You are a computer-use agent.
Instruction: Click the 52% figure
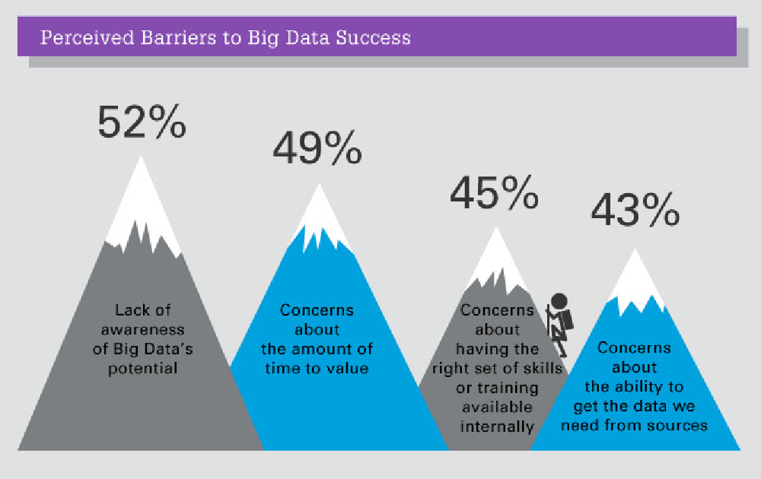(x=142, y=122)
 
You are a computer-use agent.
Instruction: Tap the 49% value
(x=317, y=148)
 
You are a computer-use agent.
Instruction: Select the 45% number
(x=494, y=192)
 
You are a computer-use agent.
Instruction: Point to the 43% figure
(x=635, y=209)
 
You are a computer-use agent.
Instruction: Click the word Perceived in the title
(x=88, y=37)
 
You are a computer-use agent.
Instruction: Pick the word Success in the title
(x=373, y=37)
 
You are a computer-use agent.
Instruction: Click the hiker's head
(x=559, y=301)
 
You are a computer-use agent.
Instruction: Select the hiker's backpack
(x=566, y=320)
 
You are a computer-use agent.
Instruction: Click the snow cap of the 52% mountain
(x=142, y=208)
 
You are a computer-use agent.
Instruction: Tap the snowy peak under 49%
(x=320, y=218)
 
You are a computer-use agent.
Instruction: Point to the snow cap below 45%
(x=496, y=259)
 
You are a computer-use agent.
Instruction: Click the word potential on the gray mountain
(x=143, y=369)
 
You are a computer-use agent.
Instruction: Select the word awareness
(x=143, y=330)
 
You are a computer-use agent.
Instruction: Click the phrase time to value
(x=317, y=368)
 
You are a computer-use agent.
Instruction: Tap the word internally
(x=497, y=427)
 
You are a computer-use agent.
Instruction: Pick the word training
(x=508, y=388)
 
